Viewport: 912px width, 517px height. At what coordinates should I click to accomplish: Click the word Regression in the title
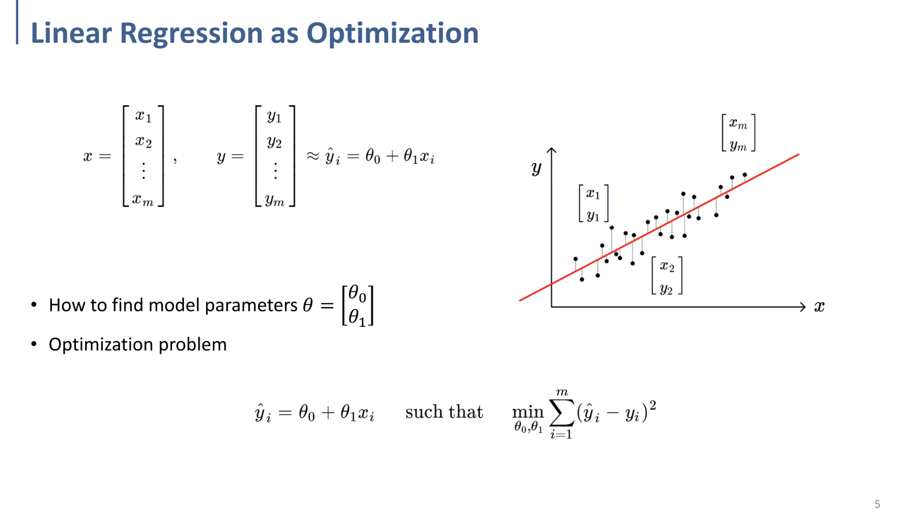pyautogui.click(x=191, y=34)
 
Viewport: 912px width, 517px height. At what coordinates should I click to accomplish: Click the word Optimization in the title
pyautogui.click(x=392, y=34)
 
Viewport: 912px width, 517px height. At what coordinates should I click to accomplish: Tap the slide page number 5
pyautogui.click(x=877, y=504)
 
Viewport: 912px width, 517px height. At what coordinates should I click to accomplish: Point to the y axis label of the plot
pyautogui.click(x=536, y=168)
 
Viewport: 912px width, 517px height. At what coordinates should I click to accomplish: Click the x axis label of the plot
pyautogui.click(x=819, y=307)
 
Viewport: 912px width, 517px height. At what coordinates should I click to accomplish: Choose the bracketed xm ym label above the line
pyautogui.click(x=738, y=134)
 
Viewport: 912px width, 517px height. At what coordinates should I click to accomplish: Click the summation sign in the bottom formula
pyautogui.click(x=561, y=412)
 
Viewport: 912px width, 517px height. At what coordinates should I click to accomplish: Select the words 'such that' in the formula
pyautogui.click(x=444, y=412)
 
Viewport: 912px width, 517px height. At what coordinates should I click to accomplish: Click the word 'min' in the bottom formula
pyautogui.click(x=527, y=412)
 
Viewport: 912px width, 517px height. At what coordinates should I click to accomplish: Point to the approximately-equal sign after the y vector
pyautogui.click(x=313, y=156)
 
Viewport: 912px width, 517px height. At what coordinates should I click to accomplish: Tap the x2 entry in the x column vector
pyautogui.click(x=143, y=142)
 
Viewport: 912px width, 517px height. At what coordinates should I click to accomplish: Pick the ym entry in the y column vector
pyautogui.click(x=275, y=199)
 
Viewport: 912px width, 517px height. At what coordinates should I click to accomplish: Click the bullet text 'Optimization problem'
pyautogui.click(x=137, y=345)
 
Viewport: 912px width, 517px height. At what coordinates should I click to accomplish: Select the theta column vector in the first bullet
pyautogui.click(x=357, y=306)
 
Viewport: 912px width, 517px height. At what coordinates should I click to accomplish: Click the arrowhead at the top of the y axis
pyautogui.click(x=552, y=150)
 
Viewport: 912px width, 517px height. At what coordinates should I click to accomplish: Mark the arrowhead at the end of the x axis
pyautogui.click(x=802, y=307)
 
